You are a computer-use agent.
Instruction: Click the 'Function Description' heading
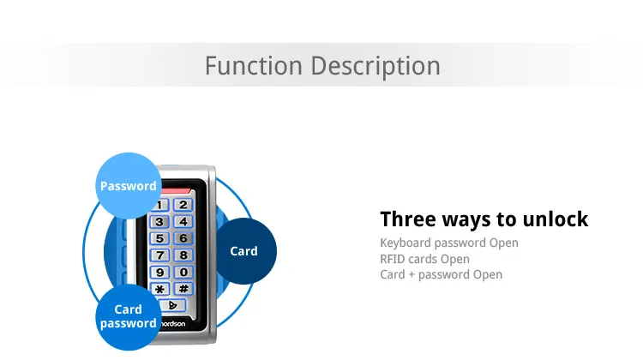pyautogui.click(x=321, y=66)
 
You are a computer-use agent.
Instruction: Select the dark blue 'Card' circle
pyautogui.click(x=244, y=251)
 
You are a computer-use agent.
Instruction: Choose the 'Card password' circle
pyautogui.click(x=129, y=316)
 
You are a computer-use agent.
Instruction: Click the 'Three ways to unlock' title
pyautogui.click(x=484, y=219)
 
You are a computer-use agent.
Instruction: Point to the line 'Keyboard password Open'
pyautogui.click(x=448, y=243)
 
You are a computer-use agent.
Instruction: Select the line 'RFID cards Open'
pyautogui.click(x=424, y=259)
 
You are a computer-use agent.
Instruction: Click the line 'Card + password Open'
pyautogui.click(x=441, y=274)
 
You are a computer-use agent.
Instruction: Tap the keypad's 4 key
pyautogui.click(x=182, y=222)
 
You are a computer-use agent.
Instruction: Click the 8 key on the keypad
pyautogui.click(x=182, y=255)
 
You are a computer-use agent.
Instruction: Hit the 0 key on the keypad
pyautogui.click(x=182, y=272)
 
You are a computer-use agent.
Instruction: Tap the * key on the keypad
pyautogui.click(x=160, y=289)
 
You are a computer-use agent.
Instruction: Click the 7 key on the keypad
pyautogui.click(x=160, y=255)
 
